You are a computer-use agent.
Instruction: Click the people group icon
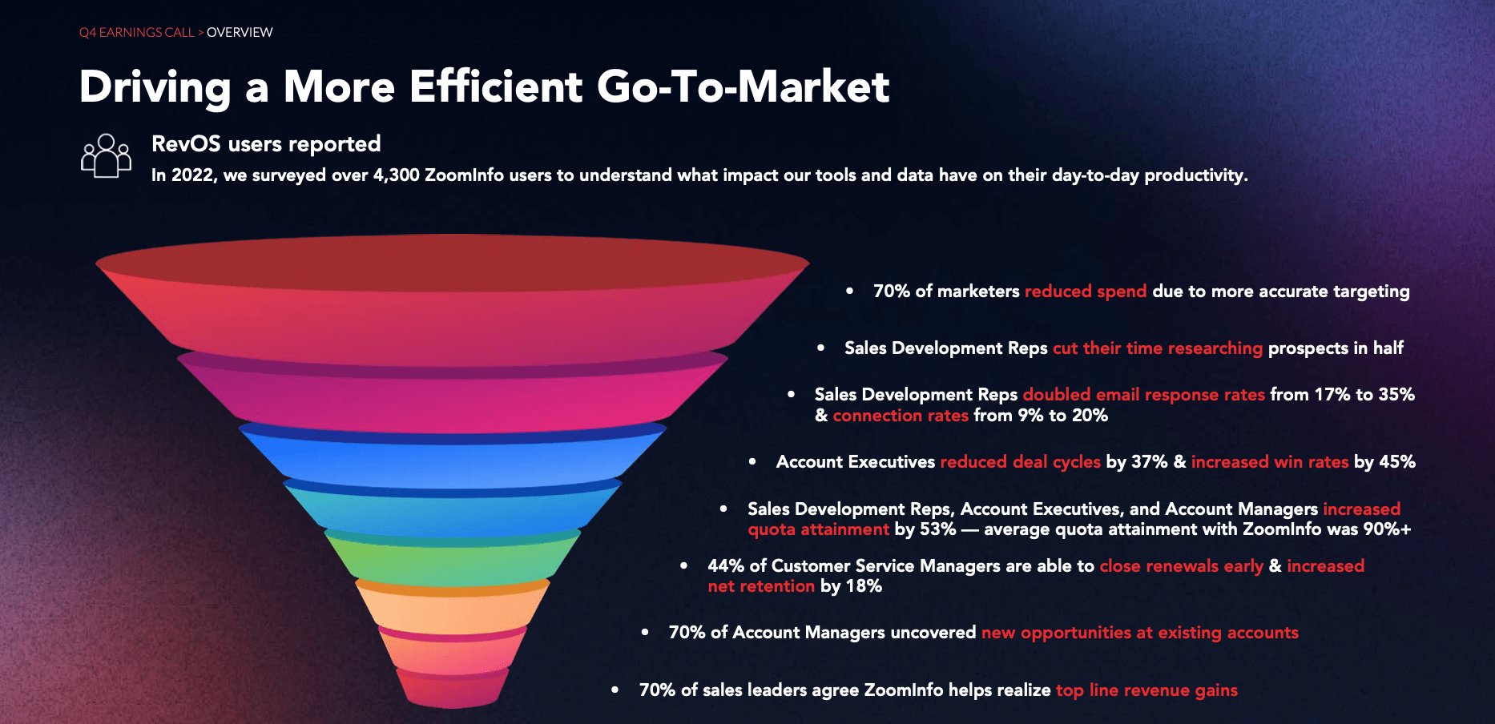tap(106, 155)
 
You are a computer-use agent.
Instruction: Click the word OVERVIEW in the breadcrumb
tap(240, 33)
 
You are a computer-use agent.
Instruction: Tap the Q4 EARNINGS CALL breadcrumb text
tap(136, 33)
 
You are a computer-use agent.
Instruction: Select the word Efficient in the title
tap(496, 86)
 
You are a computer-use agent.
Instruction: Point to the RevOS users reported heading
tap(266, 144)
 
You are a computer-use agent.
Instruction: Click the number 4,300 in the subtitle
tap(396, 175)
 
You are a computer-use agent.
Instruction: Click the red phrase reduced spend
tap(1085, 292)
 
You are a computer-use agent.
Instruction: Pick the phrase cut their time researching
tap(1157, 348)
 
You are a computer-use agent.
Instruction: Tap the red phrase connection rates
tap(901, 416)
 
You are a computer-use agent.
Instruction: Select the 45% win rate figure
tap(1396, 462)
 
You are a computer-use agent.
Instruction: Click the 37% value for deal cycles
tap(1149, 462)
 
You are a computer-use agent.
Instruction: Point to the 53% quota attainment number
tap(937, 529)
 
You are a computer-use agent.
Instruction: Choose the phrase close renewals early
tap(1181, 566)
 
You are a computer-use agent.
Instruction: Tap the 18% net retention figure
tap(864, 586)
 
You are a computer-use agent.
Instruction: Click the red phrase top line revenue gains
tap(1146, 690)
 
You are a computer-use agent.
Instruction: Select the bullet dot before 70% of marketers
tap(849, 292)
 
